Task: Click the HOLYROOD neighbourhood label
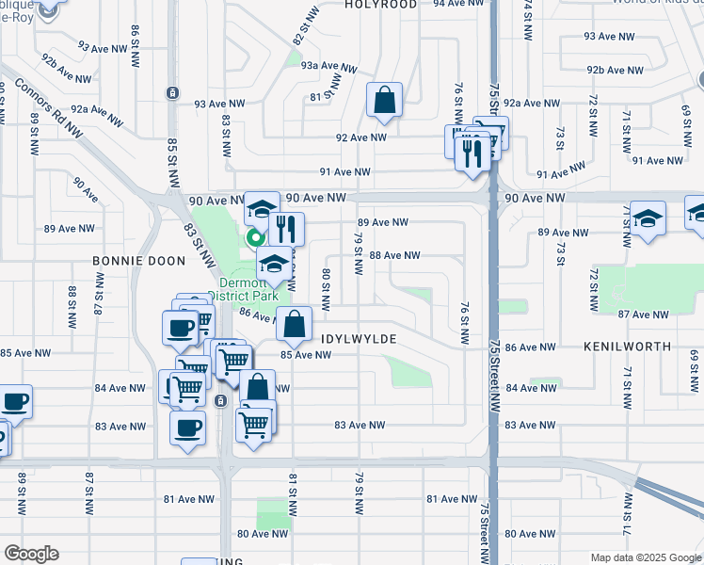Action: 380,5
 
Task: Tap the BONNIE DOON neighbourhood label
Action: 129,260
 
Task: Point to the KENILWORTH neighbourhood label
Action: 627,347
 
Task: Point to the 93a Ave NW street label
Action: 329,67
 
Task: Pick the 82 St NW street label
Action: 299,31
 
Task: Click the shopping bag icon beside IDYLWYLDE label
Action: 295,324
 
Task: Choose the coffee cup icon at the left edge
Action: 14,402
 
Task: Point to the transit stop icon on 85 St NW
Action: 172,92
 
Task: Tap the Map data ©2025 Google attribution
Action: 646,557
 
